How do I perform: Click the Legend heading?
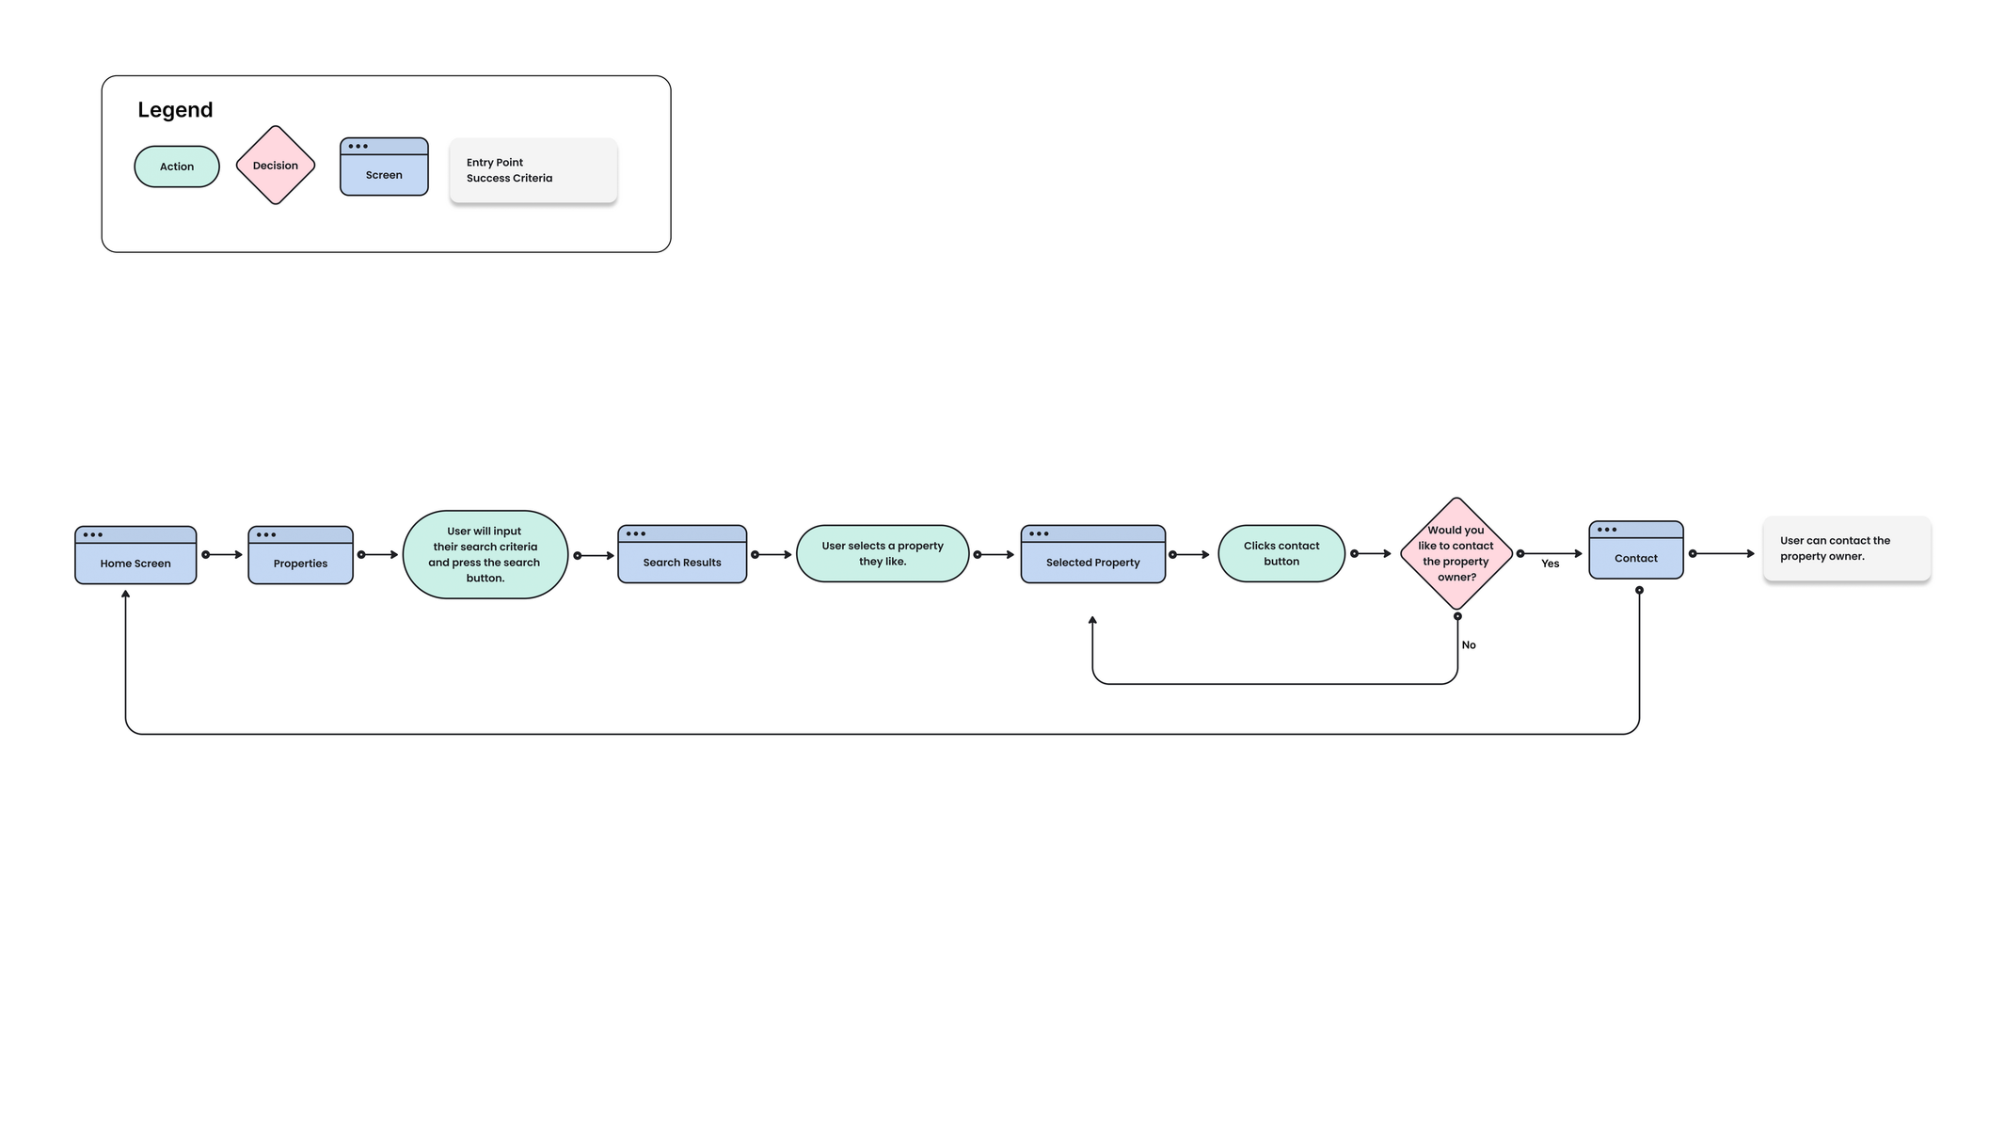tap(175, 110)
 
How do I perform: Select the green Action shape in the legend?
tap(177, 167)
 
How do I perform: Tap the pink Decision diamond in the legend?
tap(276, 166)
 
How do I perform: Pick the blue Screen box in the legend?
tap(384, 167)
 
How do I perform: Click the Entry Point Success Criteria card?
tap(533, 170)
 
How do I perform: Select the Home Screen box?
tap(135, 555)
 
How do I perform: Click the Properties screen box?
tap(301, 555)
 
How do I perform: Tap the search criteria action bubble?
tap(485, 555)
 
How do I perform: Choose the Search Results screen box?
tap(682, 554)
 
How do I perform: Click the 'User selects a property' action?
tap(883, 553)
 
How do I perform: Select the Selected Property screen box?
tap(1093, 554)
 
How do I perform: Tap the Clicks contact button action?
tap(1281, 553)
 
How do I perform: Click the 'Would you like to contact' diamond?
tap(1456, 553)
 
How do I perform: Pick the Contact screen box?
tap(1636, 549)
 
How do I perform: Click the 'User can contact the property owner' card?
tap(1847, 548)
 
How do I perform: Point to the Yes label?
tap(1551, 564)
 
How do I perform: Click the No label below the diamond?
tap(1469, 645)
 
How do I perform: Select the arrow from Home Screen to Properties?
tap(223, 555)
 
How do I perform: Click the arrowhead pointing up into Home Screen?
tap(125, 594)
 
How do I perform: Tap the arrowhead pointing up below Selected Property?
tap(1092, 620)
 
